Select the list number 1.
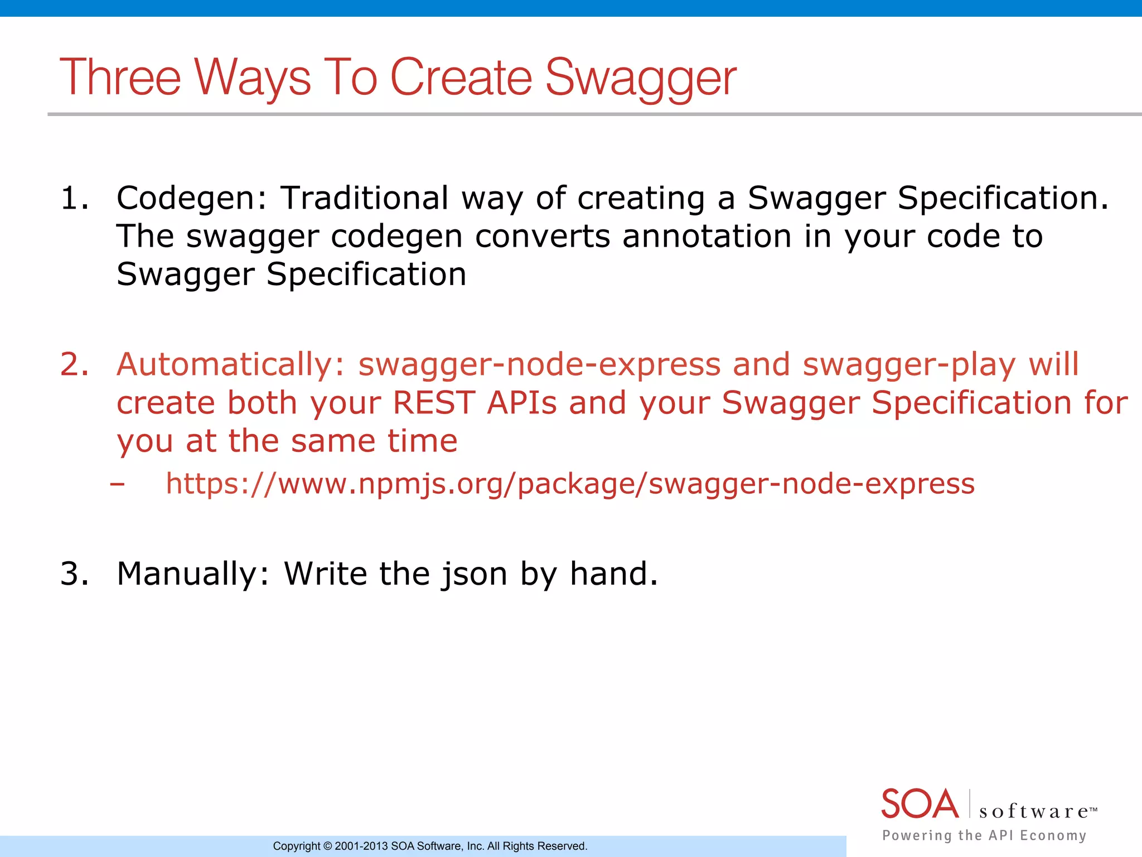[x=73, y=199]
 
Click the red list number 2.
[x=74, y=365]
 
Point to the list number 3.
[x=74, y=574]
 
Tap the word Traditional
[x=364, y=199]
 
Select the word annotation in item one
[x=707, y=237]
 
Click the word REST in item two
[x=433, y=403]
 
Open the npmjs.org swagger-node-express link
[x=570, y=484]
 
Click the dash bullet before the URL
[x=117, y=484]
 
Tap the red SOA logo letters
[x=920, y=804]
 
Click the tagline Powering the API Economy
[x=984, y=835]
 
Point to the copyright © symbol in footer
[x=327, y=846]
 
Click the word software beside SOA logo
[x=1034, y=811]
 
